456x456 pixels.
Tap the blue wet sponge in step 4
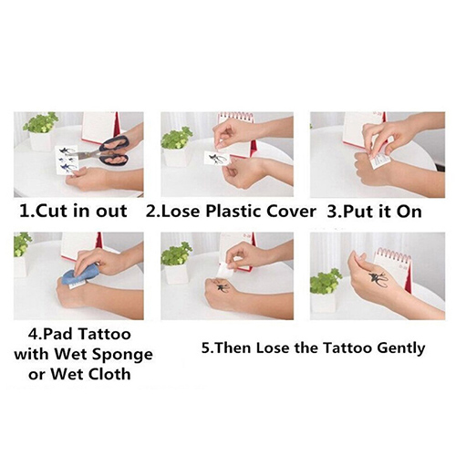[80, 274]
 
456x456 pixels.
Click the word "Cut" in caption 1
[55, 211]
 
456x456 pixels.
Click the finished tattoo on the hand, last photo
[378, 280]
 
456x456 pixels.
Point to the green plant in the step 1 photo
[41, 122]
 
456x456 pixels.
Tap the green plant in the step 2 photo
[177, 138]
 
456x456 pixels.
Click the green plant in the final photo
[326, 281]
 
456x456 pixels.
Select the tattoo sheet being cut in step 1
[67, 161]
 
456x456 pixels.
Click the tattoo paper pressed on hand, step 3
[379, 161]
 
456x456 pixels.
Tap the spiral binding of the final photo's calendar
[394, 254]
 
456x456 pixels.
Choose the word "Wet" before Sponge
[71, 354]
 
